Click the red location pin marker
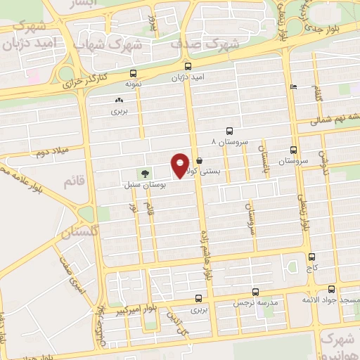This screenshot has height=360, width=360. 181,165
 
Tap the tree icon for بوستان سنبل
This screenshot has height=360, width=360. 146,173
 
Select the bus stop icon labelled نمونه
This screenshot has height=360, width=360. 133,73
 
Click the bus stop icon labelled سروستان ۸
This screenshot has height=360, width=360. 229,131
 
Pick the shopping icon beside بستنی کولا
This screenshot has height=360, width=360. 200,161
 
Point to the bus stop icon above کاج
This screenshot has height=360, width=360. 311,257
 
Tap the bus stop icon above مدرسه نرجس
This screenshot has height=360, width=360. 255,291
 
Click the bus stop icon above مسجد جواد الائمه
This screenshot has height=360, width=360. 331,289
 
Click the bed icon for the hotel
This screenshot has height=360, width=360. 293,87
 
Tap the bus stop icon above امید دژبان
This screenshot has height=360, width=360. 187,67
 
